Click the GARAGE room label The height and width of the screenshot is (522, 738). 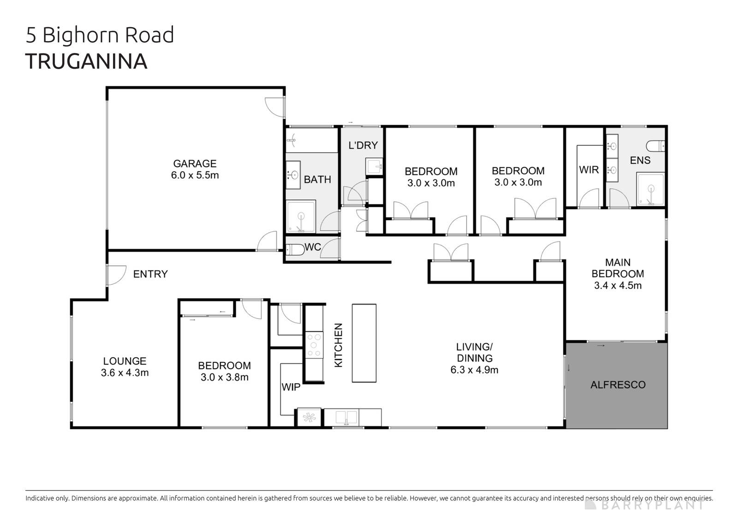pos(195,163)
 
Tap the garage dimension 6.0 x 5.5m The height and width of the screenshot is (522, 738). pos(195,175)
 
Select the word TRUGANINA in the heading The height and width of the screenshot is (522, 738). pos(86,62)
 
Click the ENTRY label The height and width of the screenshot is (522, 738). pos(150,274)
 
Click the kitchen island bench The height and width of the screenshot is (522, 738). pos(364,343)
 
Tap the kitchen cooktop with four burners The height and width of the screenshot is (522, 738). pos(314,345)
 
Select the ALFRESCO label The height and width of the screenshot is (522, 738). pos(618,385)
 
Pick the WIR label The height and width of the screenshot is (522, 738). pos(589,170)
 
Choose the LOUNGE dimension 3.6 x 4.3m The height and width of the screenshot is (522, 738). pos(125,372)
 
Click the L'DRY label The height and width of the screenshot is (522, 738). pos(363,145)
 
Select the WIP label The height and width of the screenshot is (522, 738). pos(291,387)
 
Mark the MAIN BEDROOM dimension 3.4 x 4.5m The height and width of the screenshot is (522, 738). pos(618,285)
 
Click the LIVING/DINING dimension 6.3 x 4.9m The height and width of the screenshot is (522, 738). pos(474,370)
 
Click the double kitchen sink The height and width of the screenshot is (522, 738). pos(346,417)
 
